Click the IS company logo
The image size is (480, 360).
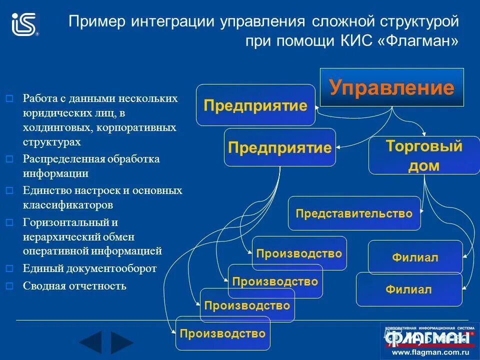[x=24, y=24]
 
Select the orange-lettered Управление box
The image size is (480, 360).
[x=391, y=87]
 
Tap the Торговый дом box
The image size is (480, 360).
[x=423, y=156]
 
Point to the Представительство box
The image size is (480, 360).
[x=354, y=213]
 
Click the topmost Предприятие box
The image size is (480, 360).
[x=255, y=105]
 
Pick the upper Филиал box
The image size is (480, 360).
[x=415, y=257]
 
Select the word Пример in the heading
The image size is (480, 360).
[x=97, y=22]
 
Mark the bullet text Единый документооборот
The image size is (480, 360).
[x=89, y=268]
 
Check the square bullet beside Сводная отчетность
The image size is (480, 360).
[x=8, y=286]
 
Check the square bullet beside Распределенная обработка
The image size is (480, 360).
[x=8, y=159]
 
